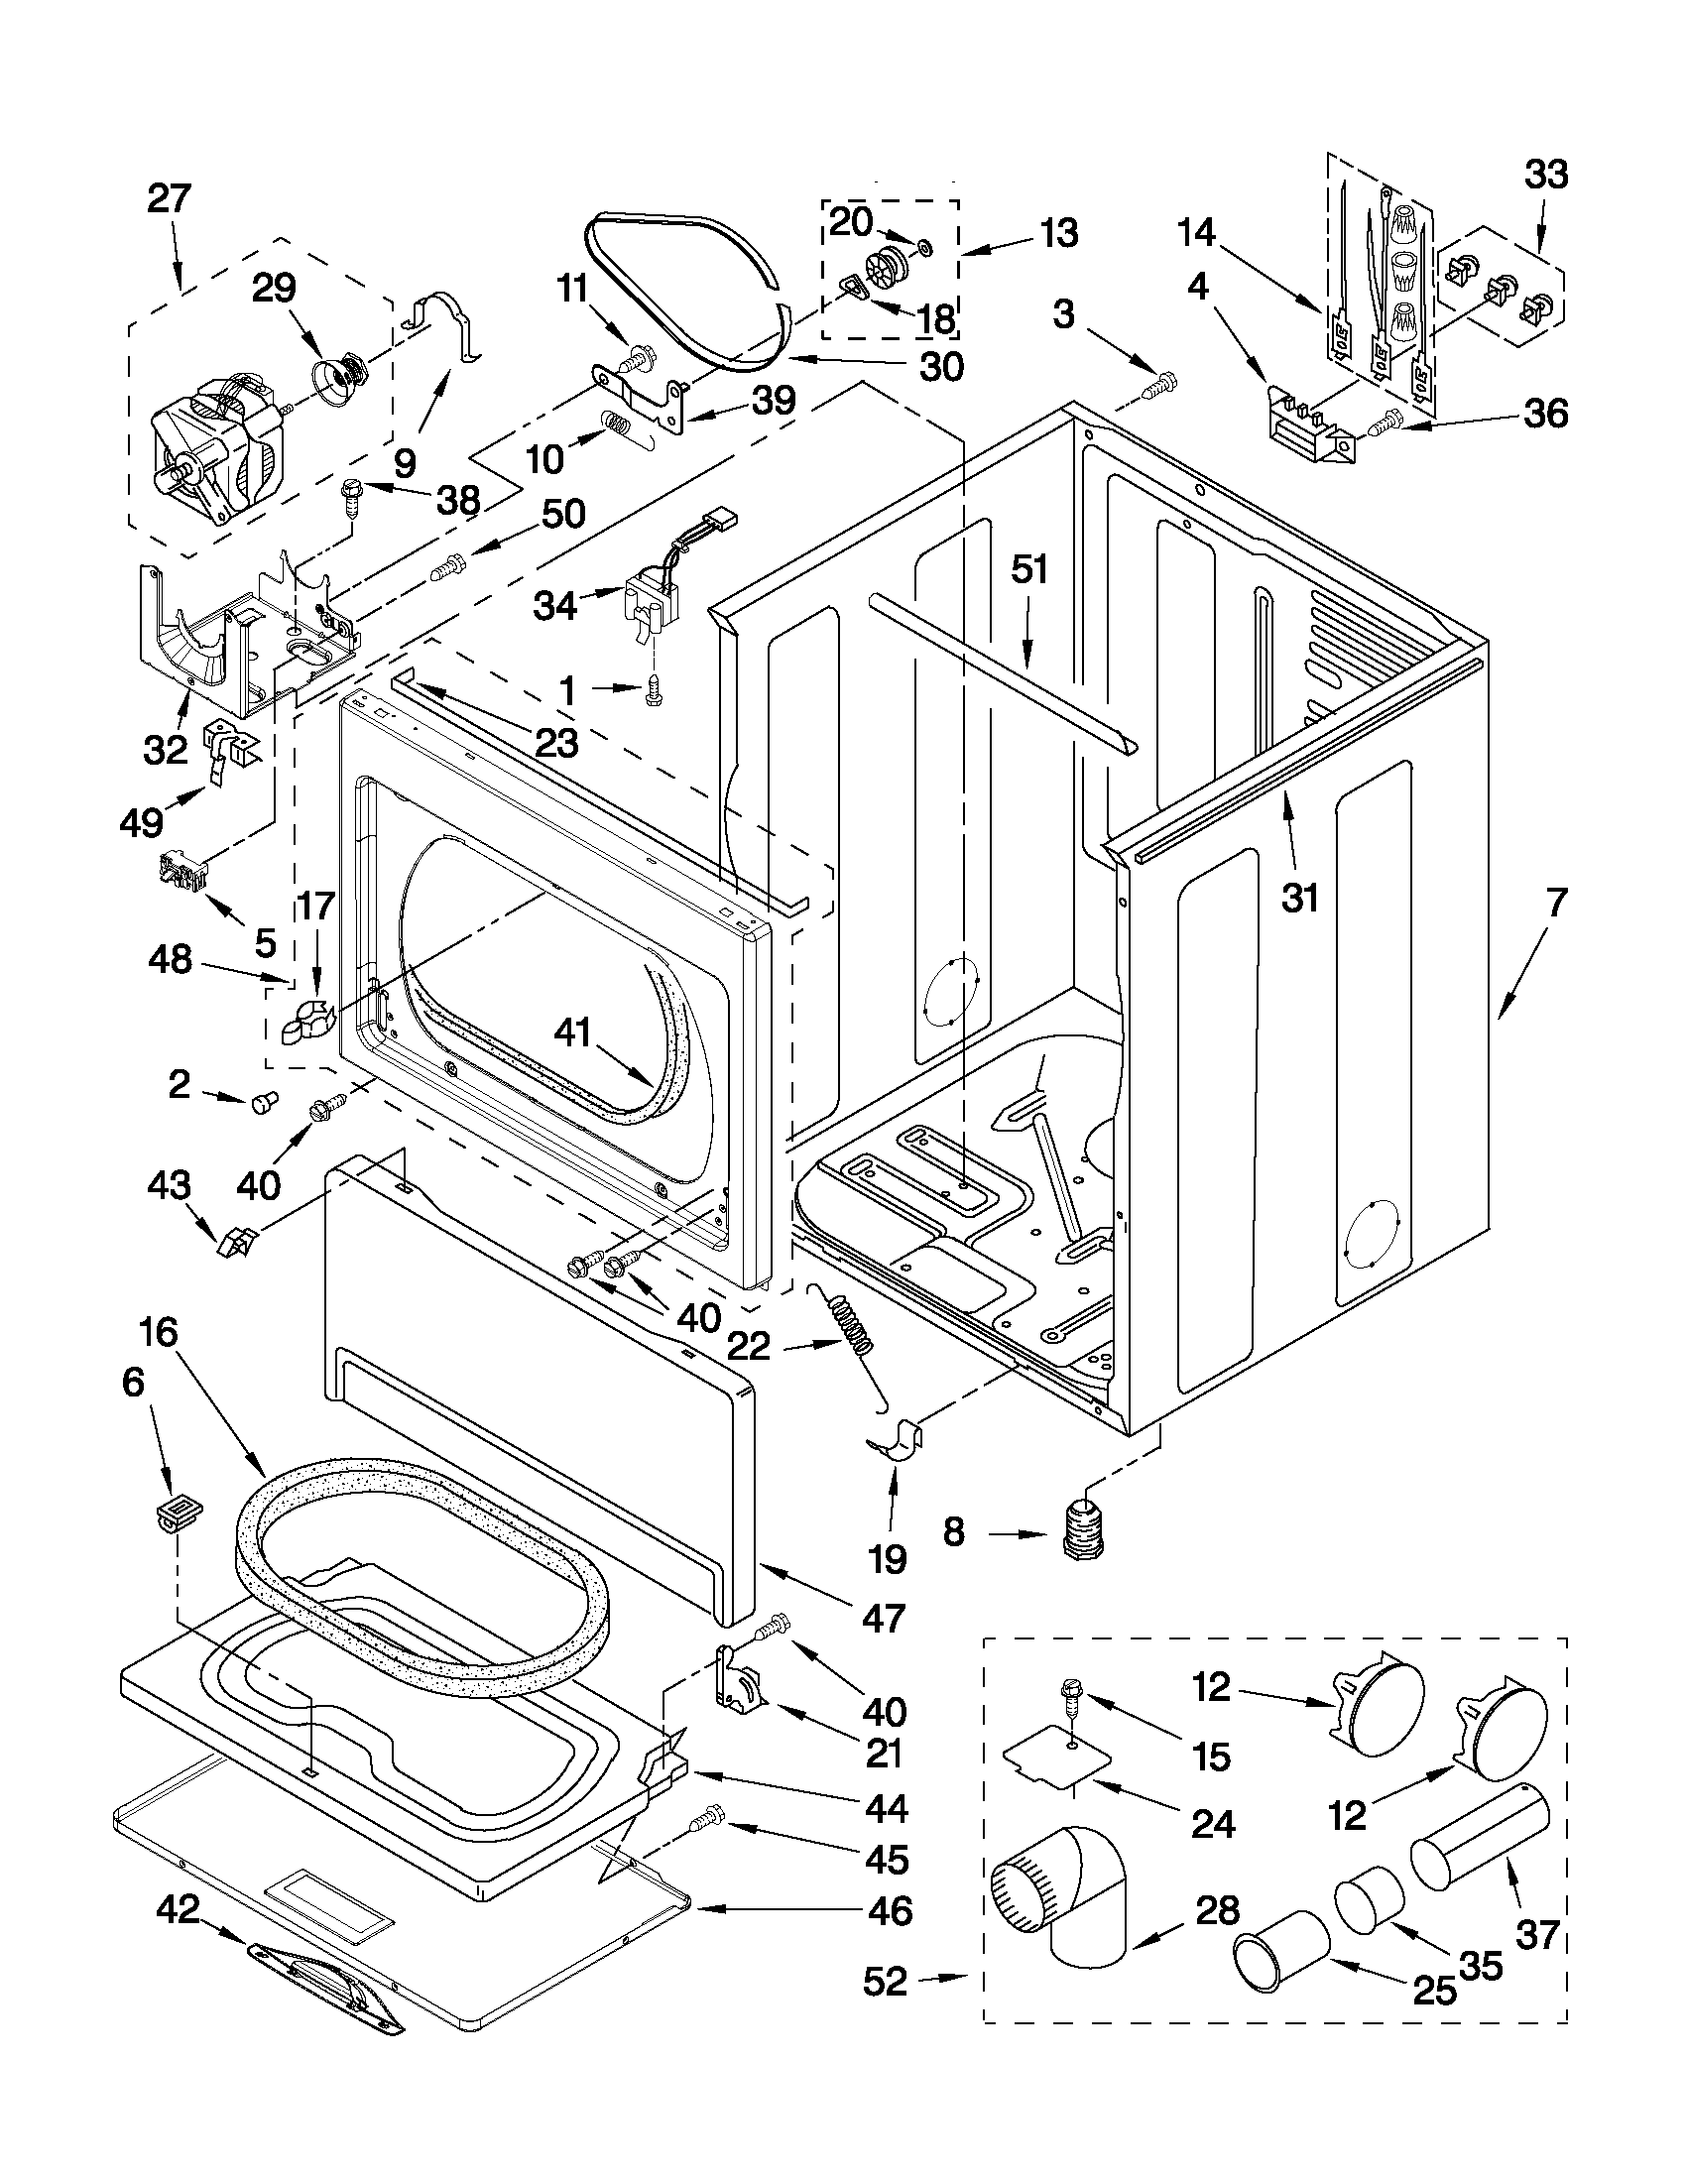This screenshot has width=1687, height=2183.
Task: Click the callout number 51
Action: click(x=1029, y=569)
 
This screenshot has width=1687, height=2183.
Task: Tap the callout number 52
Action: click(x=886, y=1980)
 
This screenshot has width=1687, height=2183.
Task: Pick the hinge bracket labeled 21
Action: click(x=737, y=1683)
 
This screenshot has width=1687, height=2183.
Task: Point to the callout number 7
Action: click(x=1556, y=903)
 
